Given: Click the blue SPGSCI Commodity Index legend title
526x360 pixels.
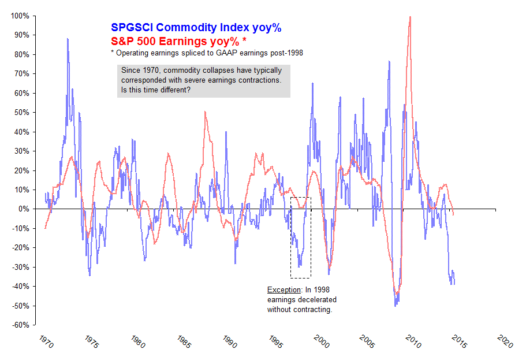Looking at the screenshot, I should coord(196,27).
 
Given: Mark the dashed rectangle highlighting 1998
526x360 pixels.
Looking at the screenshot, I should coord(300,237).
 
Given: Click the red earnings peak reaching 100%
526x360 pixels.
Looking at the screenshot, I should coord(410,17).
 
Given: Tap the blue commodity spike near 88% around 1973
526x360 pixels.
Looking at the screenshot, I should coord(68,39).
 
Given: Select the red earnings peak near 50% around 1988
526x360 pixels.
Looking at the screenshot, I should coord(205,112).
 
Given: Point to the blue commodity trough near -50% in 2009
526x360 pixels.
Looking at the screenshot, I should coord(396,305).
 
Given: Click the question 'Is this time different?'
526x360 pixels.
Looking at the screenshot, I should coord(156,90).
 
